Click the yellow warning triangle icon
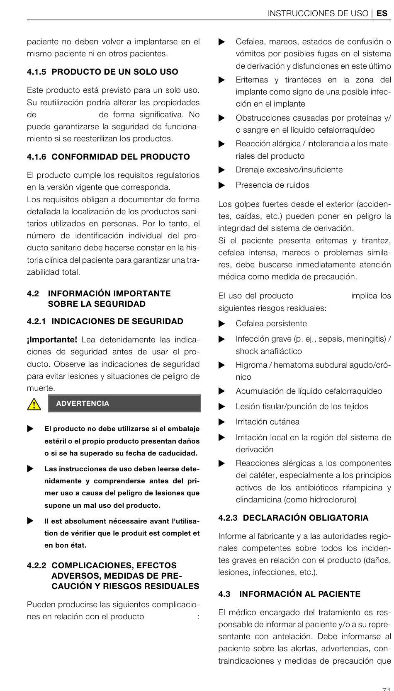pos(34,404)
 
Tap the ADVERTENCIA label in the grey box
pos(83,403)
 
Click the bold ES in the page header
pos(382,13)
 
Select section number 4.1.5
pos(36,72)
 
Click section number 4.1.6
pos(36,157)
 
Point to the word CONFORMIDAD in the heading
pos(78,157)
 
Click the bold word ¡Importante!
pos(52,339)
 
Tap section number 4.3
pos(224,594)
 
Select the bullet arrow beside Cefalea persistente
pos(222,324)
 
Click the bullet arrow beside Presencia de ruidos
pos(222,185)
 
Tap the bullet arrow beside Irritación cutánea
pos(222,422)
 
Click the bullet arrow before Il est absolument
pos(30,521)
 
